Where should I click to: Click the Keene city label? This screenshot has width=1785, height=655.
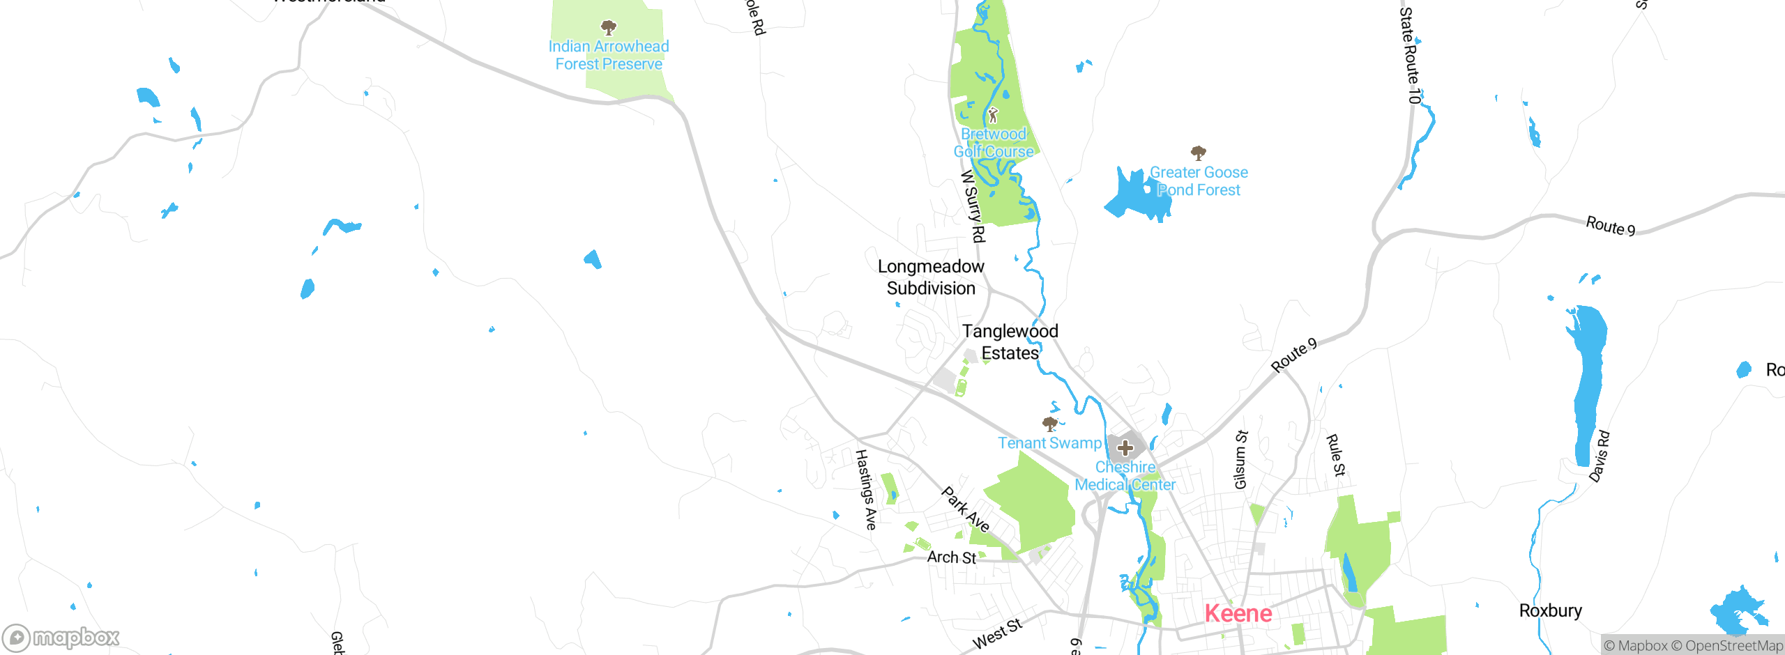(1238, 613)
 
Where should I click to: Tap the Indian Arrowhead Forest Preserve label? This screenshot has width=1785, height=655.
(609, 55)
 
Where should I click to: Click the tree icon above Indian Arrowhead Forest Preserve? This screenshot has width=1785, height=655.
(609, 28)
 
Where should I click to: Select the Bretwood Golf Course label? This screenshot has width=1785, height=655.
(994, 143)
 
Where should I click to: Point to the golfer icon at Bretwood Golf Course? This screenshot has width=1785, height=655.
(993, 115)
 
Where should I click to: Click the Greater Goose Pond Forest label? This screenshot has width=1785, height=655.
(1199, 181)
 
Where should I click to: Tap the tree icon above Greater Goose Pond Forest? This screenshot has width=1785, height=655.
(1198, 153)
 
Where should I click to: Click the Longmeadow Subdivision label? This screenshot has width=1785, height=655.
(931, 277)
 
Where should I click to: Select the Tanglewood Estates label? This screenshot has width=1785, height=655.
(1010, 342)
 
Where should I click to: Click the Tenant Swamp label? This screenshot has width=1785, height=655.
(1049, 443)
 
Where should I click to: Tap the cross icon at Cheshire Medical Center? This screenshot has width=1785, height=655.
(1125, 448)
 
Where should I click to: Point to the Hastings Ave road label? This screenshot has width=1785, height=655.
(865, 489)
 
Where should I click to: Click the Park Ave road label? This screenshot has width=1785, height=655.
(965, 509)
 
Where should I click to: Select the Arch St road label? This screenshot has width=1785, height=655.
(951, 557)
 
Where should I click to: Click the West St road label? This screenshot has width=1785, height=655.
(997, 634)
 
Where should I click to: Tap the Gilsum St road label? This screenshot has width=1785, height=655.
(1240, 460)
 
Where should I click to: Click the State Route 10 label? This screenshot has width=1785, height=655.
(1409, 56)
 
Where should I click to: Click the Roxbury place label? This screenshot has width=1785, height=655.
(1550, 611)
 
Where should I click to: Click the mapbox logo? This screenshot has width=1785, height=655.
(61, 637)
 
